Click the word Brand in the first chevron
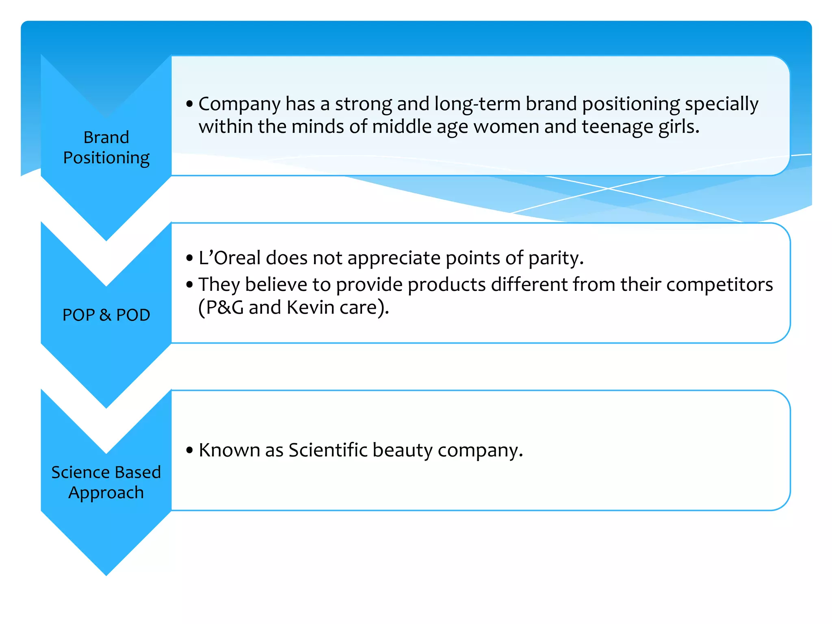106,138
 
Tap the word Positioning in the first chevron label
106,158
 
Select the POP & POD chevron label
106,315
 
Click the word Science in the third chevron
78,472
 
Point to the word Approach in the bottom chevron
106,493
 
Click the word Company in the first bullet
239,104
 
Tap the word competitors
719,285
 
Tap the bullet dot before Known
189,450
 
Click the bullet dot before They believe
189,285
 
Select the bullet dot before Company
189,104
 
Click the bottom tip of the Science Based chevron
106,574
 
